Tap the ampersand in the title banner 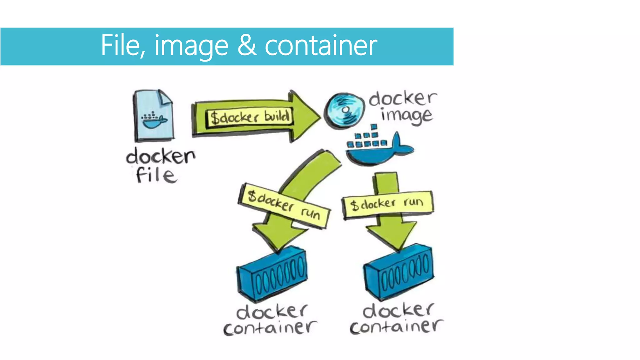tap(247, 46)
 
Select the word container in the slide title tap(321, 46)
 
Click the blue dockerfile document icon tap(153, 115)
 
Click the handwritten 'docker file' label tap(160, 165)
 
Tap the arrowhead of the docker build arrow tap(305, 116)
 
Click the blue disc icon tap(345, 110)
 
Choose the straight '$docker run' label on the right tap(387, 204)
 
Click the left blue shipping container tap(272, 274)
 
